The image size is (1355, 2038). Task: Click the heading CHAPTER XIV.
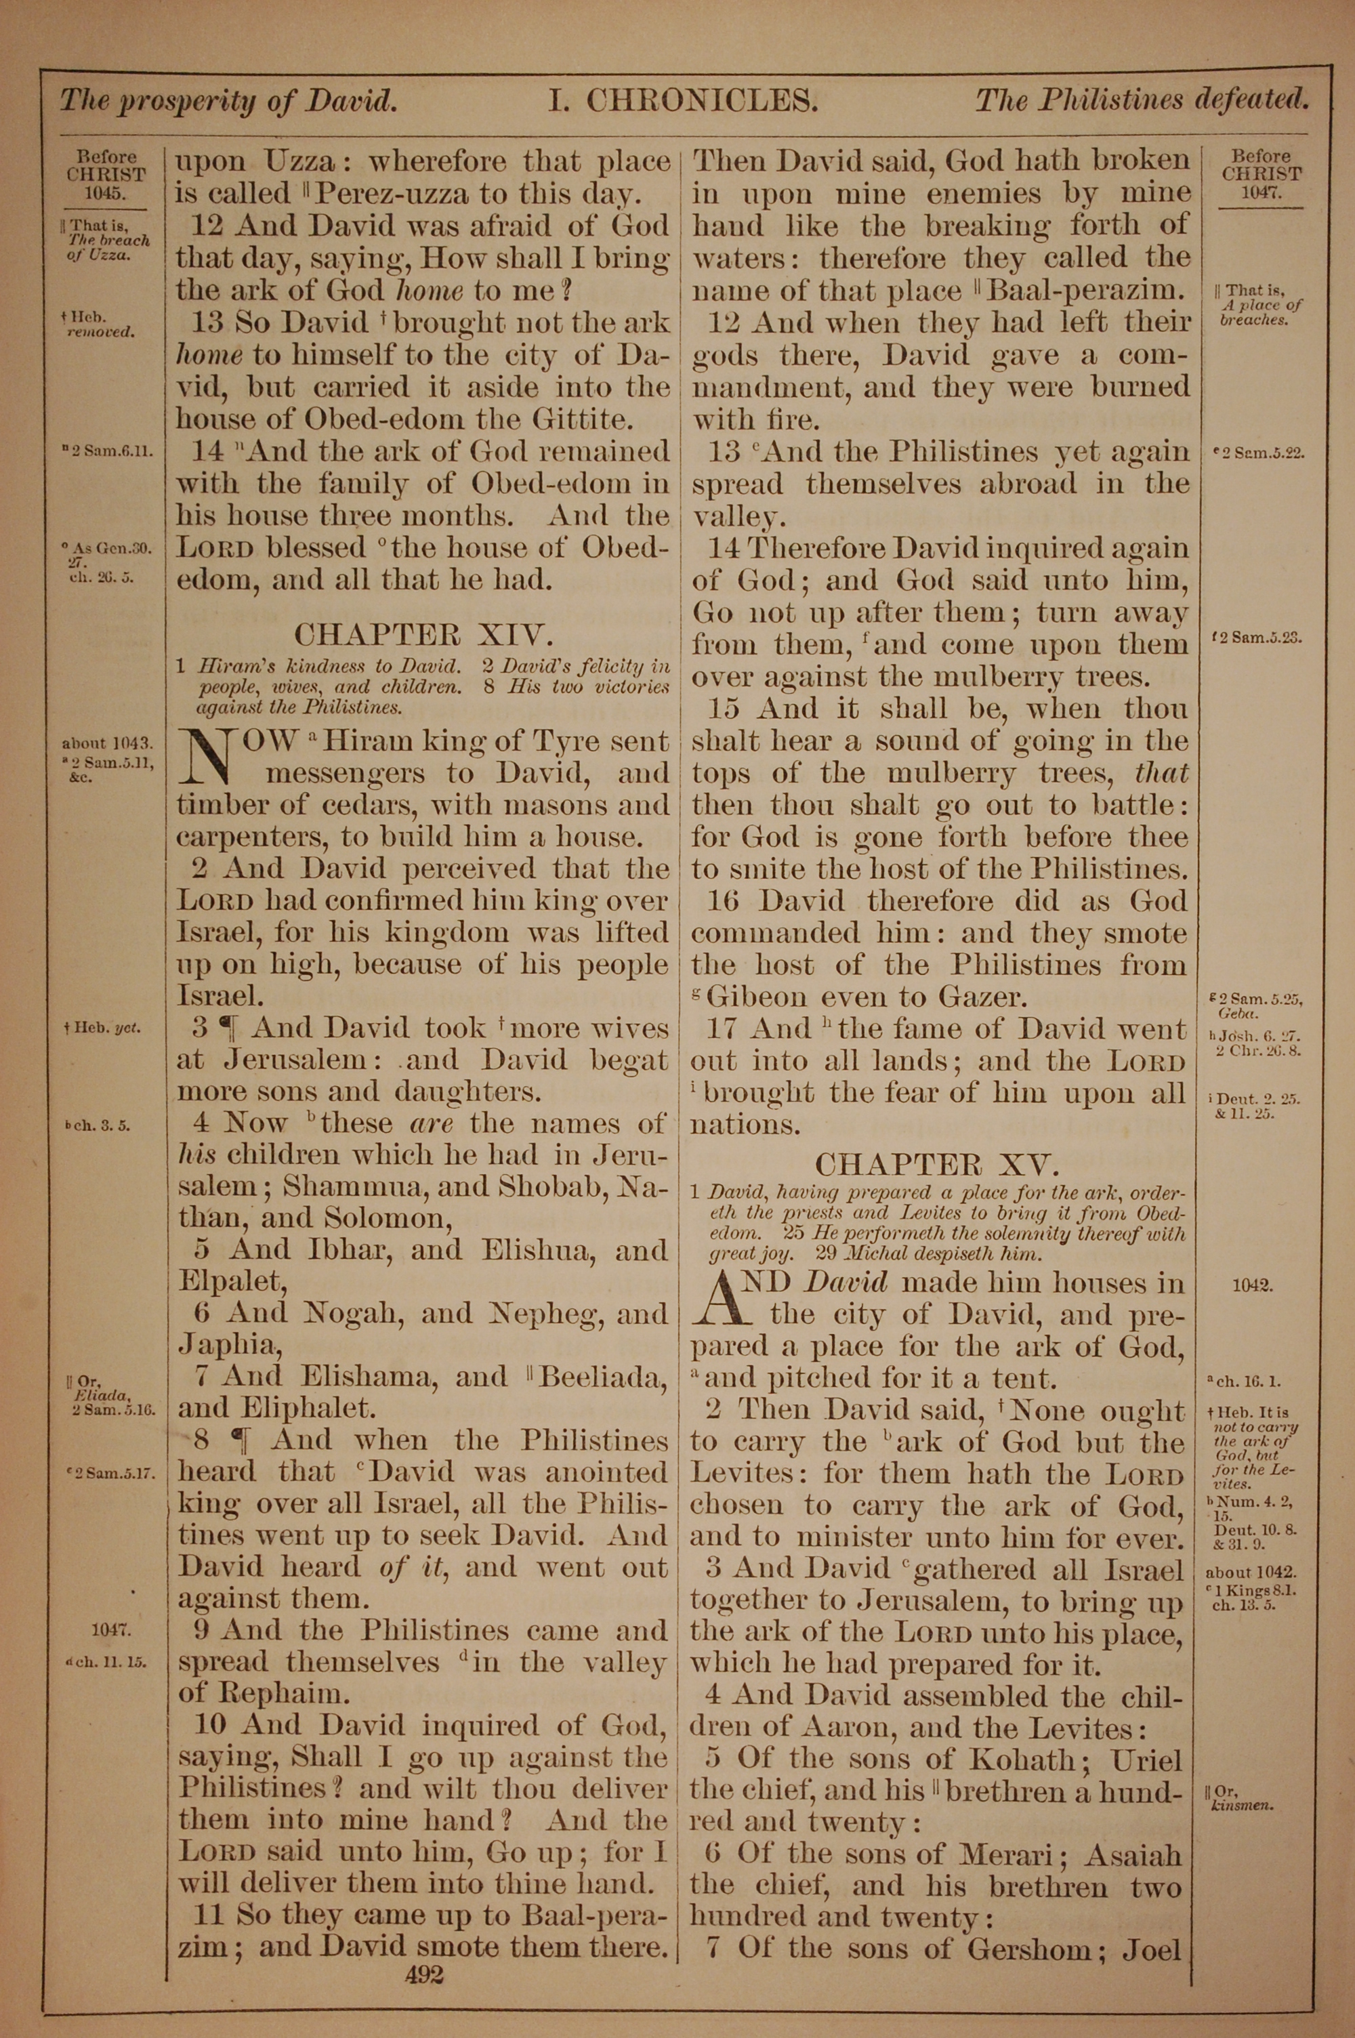click(423, 635)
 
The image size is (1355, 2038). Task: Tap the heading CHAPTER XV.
click(937, 1165)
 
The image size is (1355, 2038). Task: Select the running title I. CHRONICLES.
click(684, 102)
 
